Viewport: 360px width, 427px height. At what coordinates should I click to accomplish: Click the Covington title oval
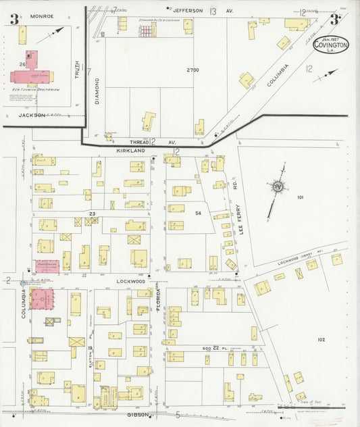(331, 45)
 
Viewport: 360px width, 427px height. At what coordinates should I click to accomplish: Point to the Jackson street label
(32, 115)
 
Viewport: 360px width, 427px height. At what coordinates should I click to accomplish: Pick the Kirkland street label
(130, 152)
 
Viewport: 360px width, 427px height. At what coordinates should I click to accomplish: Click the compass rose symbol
(277, 187)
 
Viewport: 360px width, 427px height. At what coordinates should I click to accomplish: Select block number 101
(300, 197)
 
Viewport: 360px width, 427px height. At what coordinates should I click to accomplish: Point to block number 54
(198, 214)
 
